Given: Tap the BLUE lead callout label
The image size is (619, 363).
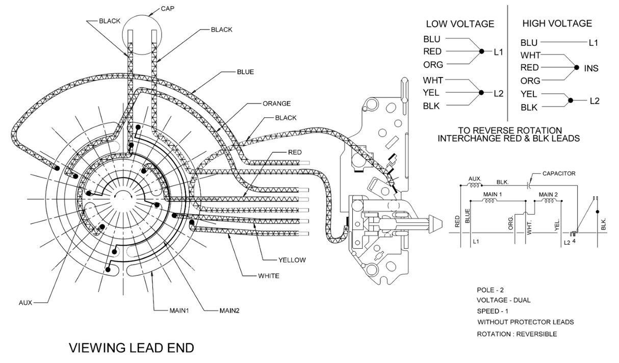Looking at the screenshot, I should point(245,72).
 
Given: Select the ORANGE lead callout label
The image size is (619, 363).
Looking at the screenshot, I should point(276,103).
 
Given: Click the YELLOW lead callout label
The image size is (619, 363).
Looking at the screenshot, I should point(292,260).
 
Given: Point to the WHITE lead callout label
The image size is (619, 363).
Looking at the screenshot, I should point(269,276).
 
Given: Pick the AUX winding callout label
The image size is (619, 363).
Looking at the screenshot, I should point(25,302).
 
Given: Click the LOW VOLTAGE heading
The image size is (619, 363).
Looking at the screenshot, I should point(460,24).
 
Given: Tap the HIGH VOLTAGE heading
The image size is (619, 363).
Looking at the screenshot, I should point(557,23).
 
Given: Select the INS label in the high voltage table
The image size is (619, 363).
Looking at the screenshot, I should point(591,68).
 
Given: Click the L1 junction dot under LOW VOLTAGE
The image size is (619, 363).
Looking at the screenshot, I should point(481,51).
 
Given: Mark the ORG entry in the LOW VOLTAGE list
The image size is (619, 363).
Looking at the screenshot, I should point(433,65).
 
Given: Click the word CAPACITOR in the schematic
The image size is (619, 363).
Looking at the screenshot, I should point(559,174).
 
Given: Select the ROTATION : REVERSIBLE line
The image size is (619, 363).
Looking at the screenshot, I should point(517,334).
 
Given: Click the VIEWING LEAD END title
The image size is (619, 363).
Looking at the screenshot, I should point(132,348).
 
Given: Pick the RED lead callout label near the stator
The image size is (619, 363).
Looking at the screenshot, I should point(295,152).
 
